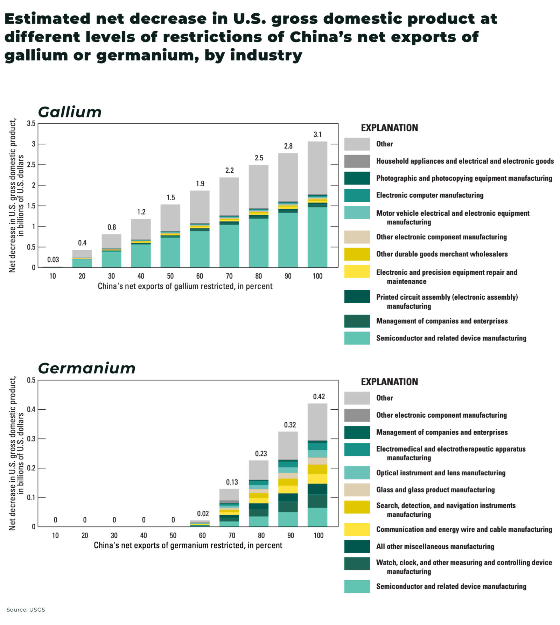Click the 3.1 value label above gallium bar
click(317, 135)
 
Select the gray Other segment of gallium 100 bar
click(317, 168)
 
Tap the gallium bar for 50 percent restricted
click(170, 236)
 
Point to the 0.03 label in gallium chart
click(53, 260)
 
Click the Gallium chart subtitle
click(70, 112)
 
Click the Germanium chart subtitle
click(86, 368)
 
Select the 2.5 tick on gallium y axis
click(31, 165)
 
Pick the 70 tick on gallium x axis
click(229, 276)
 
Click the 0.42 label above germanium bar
click(318, 397)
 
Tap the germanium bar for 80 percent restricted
click(258, 493)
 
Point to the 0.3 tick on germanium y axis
click(31, 439)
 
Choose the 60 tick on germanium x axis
click(202, 536)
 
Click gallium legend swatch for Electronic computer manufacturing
click(357, 195)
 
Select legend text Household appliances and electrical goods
click(464, 161)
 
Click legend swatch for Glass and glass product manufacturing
click(357, 490)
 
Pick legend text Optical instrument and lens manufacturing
click(440, 473)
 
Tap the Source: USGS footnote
click(26, 610)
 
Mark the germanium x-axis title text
click(188, 545)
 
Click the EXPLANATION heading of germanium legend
click(389, 382)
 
